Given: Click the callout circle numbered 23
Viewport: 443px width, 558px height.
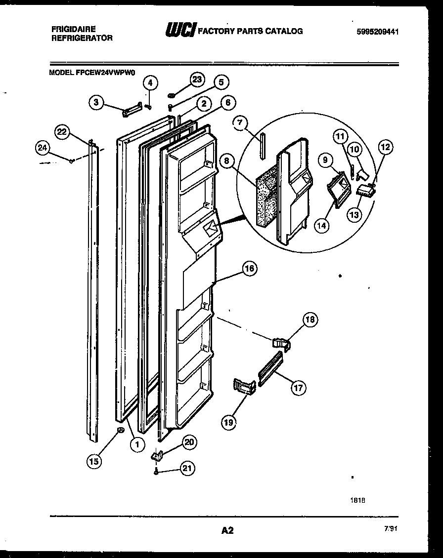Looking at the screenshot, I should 197,80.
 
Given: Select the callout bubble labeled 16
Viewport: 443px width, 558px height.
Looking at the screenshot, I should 250,268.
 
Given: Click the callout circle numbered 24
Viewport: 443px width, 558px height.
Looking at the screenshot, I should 43,147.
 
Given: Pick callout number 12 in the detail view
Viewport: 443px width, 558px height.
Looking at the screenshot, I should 386,147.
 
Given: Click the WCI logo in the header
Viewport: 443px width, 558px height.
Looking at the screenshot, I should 180,31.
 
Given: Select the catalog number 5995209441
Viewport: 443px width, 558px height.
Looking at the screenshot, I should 377,32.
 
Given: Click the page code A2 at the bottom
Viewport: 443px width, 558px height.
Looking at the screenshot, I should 227,530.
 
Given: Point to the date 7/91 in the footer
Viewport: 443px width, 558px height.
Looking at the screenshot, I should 390,528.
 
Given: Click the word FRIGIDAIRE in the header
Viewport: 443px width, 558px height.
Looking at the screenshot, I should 74,29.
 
